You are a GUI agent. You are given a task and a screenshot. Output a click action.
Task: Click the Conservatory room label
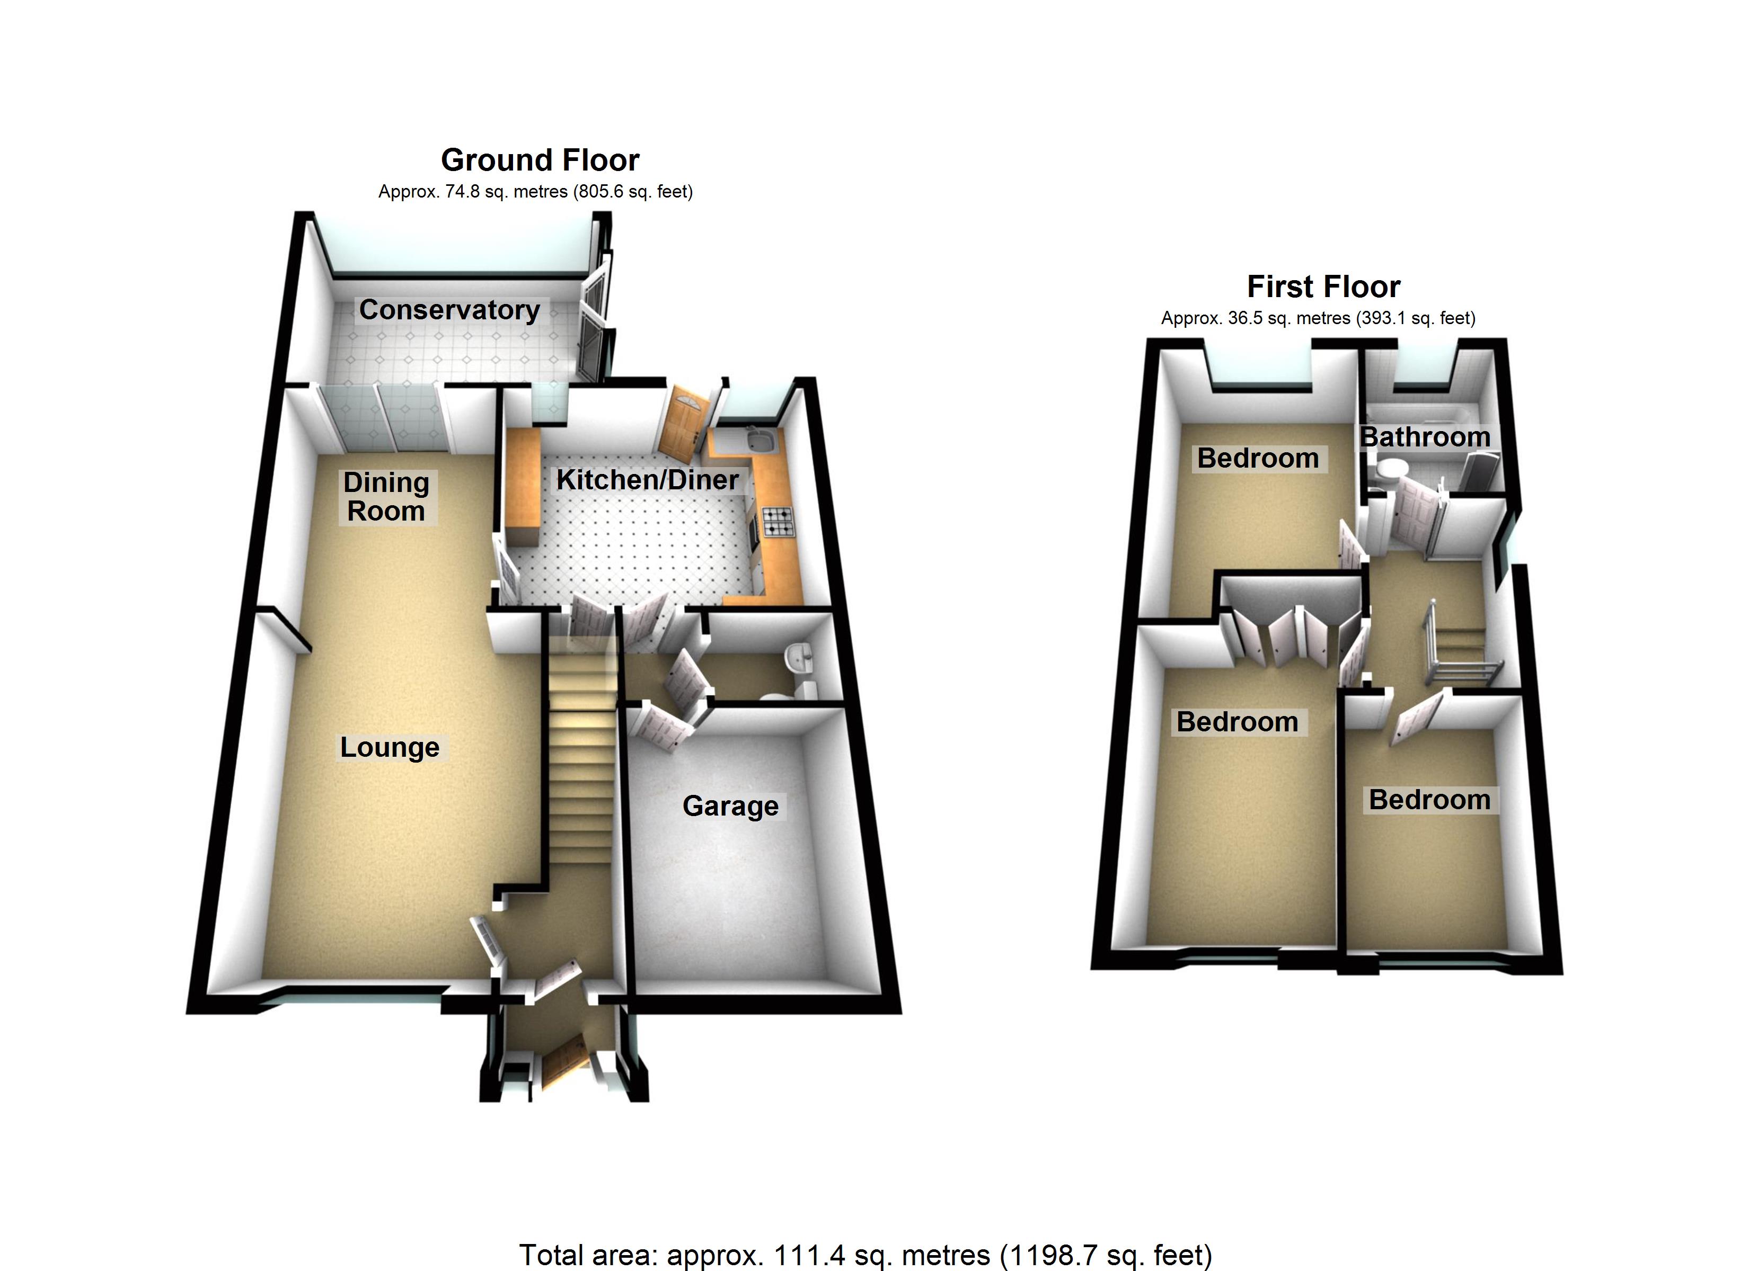point(449,310)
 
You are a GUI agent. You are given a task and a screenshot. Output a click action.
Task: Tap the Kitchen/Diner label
point(648,480)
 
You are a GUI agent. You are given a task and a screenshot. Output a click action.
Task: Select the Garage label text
point(730,806)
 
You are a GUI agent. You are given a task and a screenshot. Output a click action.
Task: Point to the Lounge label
point(390,748)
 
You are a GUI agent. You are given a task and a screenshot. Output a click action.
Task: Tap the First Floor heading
point(1323,287)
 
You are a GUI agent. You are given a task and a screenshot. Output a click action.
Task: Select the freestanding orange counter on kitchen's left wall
point(522,487)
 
